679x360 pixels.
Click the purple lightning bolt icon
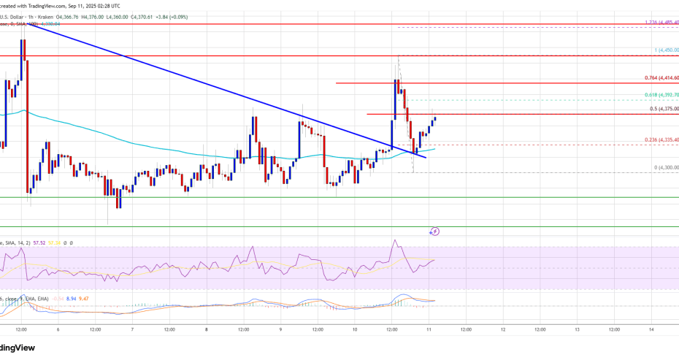point(435,231)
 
